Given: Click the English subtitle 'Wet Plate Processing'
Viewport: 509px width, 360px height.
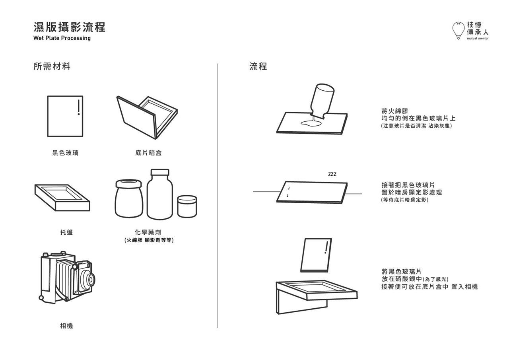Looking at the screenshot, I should [62, 38].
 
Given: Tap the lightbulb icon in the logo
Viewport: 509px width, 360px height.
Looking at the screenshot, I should [458, 30].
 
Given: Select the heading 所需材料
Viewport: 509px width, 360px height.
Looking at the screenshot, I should [52, 66].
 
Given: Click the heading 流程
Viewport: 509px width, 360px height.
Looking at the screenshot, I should [258, 66].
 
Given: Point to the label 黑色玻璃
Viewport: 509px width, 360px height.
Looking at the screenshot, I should [65, 153].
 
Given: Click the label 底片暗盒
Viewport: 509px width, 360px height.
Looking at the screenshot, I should [148, 153].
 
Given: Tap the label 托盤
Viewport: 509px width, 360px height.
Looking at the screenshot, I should [66, 232].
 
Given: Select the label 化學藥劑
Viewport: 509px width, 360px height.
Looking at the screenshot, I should [148, 232].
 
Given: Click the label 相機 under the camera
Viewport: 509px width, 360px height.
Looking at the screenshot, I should [66, 326].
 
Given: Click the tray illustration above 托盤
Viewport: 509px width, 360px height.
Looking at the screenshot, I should [62, 197].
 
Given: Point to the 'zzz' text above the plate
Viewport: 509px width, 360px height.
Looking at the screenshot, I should [332, 174].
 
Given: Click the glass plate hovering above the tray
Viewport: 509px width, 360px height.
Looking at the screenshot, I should [316, 255].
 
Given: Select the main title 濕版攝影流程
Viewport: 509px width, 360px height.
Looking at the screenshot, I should [70, 27].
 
